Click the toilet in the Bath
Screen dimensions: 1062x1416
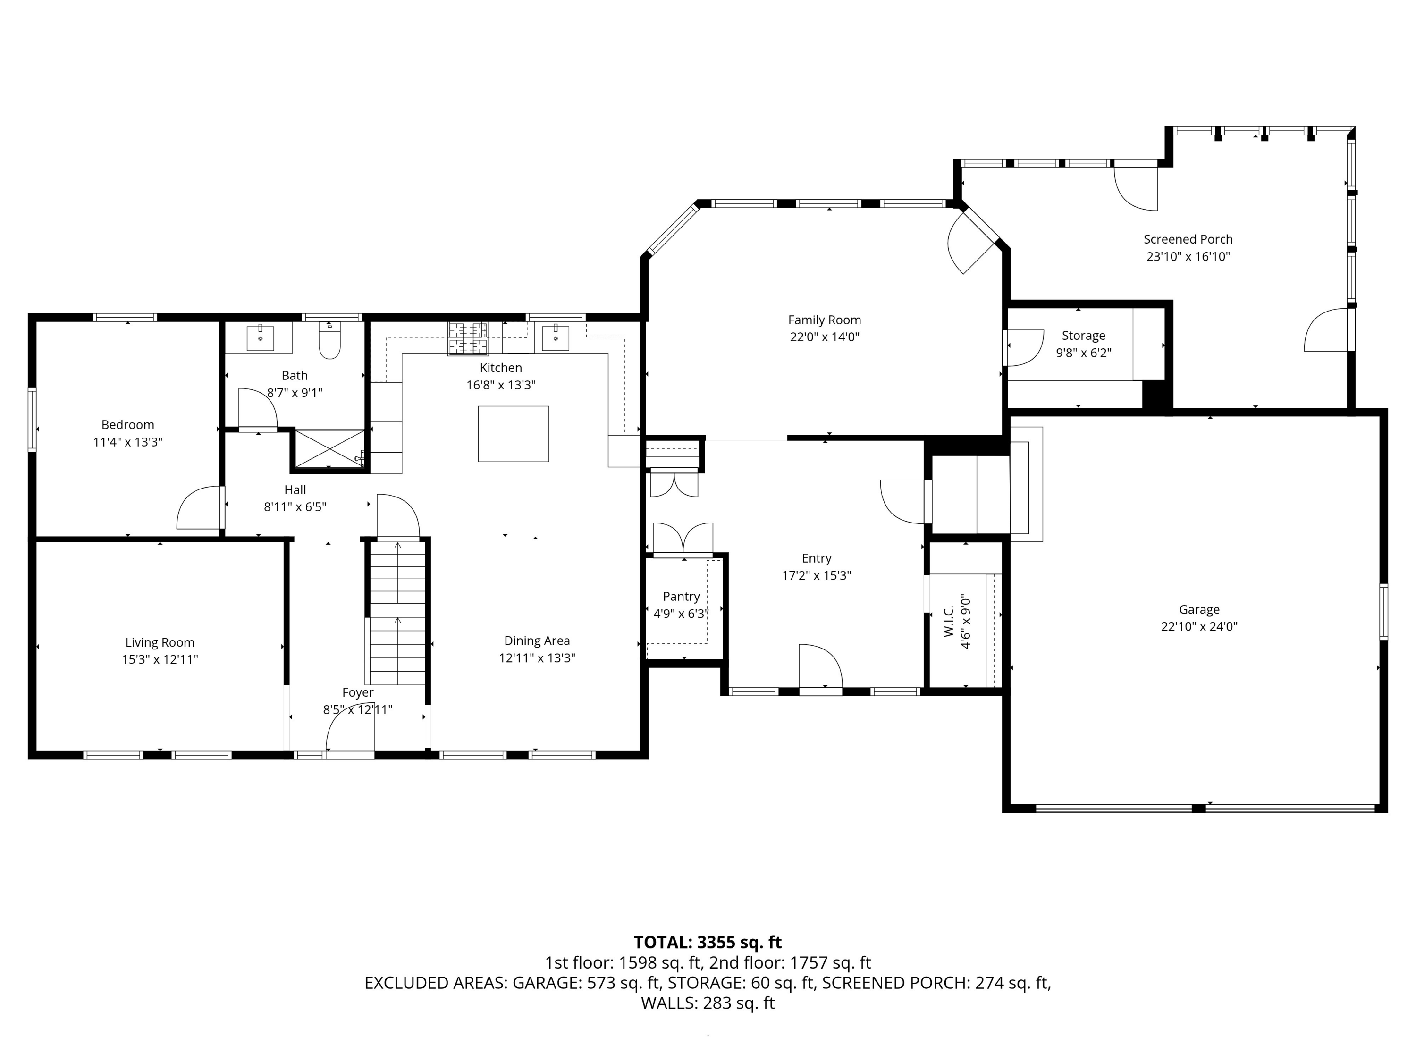coord(329,341)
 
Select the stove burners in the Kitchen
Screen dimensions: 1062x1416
coord(467,338)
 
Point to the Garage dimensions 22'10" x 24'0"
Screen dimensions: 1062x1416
coord(1199,627)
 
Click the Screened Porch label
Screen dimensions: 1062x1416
coord(1188,239)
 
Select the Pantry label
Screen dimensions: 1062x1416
coord(681,597)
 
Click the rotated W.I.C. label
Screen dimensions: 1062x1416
coord(949,622)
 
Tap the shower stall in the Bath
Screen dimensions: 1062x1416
coord(329,449)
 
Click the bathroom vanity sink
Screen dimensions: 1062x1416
coord(261,337)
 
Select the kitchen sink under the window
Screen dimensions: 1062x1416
coord(555,337)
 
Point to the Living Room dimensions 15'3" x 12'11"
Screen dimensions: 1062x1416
coord(160,659)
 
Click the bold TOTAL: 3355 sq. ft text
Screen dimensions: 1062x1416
coord(708,942)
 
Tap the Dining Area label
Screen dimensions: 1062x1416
coord(537,641)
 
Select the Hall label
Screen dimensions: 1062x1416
coord(295,490)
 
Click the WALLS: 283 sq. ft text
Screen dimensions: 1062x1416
coord(708,1003)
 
